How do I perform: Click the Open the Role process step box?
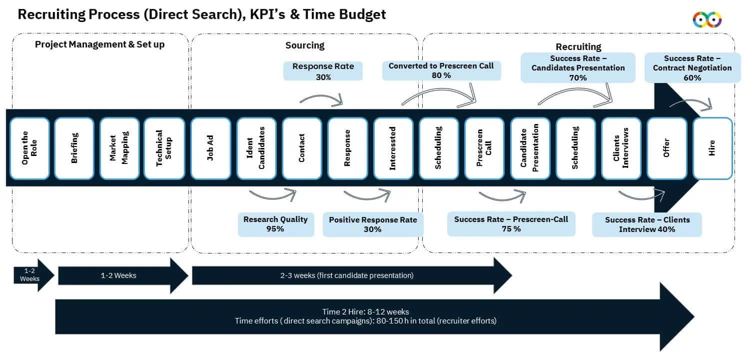pos(29,148)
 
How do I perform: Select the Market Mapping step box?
pos(119,148)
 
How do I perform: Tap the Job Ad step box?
pos(210,148)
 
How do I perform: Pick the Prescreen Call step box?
pos(484,148)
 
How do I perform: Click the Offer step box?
pos(666,148)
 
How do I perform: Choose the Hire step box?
pos(712,148)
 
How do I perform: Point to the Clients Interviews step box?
pos(621,148)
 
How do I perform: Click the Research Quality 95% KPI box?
pos(275,224)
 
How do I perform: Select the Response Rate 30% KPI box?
pos(323,71)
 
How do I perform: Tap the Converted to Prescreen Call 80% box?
pos(441,70)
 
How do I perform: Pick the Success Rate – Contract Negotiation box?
pos(692,68)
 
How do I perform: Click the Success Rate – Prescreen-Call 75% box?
pos(511,224)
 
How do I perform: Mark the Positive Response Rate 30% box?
pos(372,224)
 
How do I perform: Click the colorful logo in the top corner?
pos(707,19)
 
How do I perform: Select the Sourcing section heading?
pos(305,45)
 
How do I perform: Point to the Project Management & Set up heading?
pos(99,44)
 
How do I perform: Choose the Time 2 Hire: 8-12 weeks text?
pos(366,311)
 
